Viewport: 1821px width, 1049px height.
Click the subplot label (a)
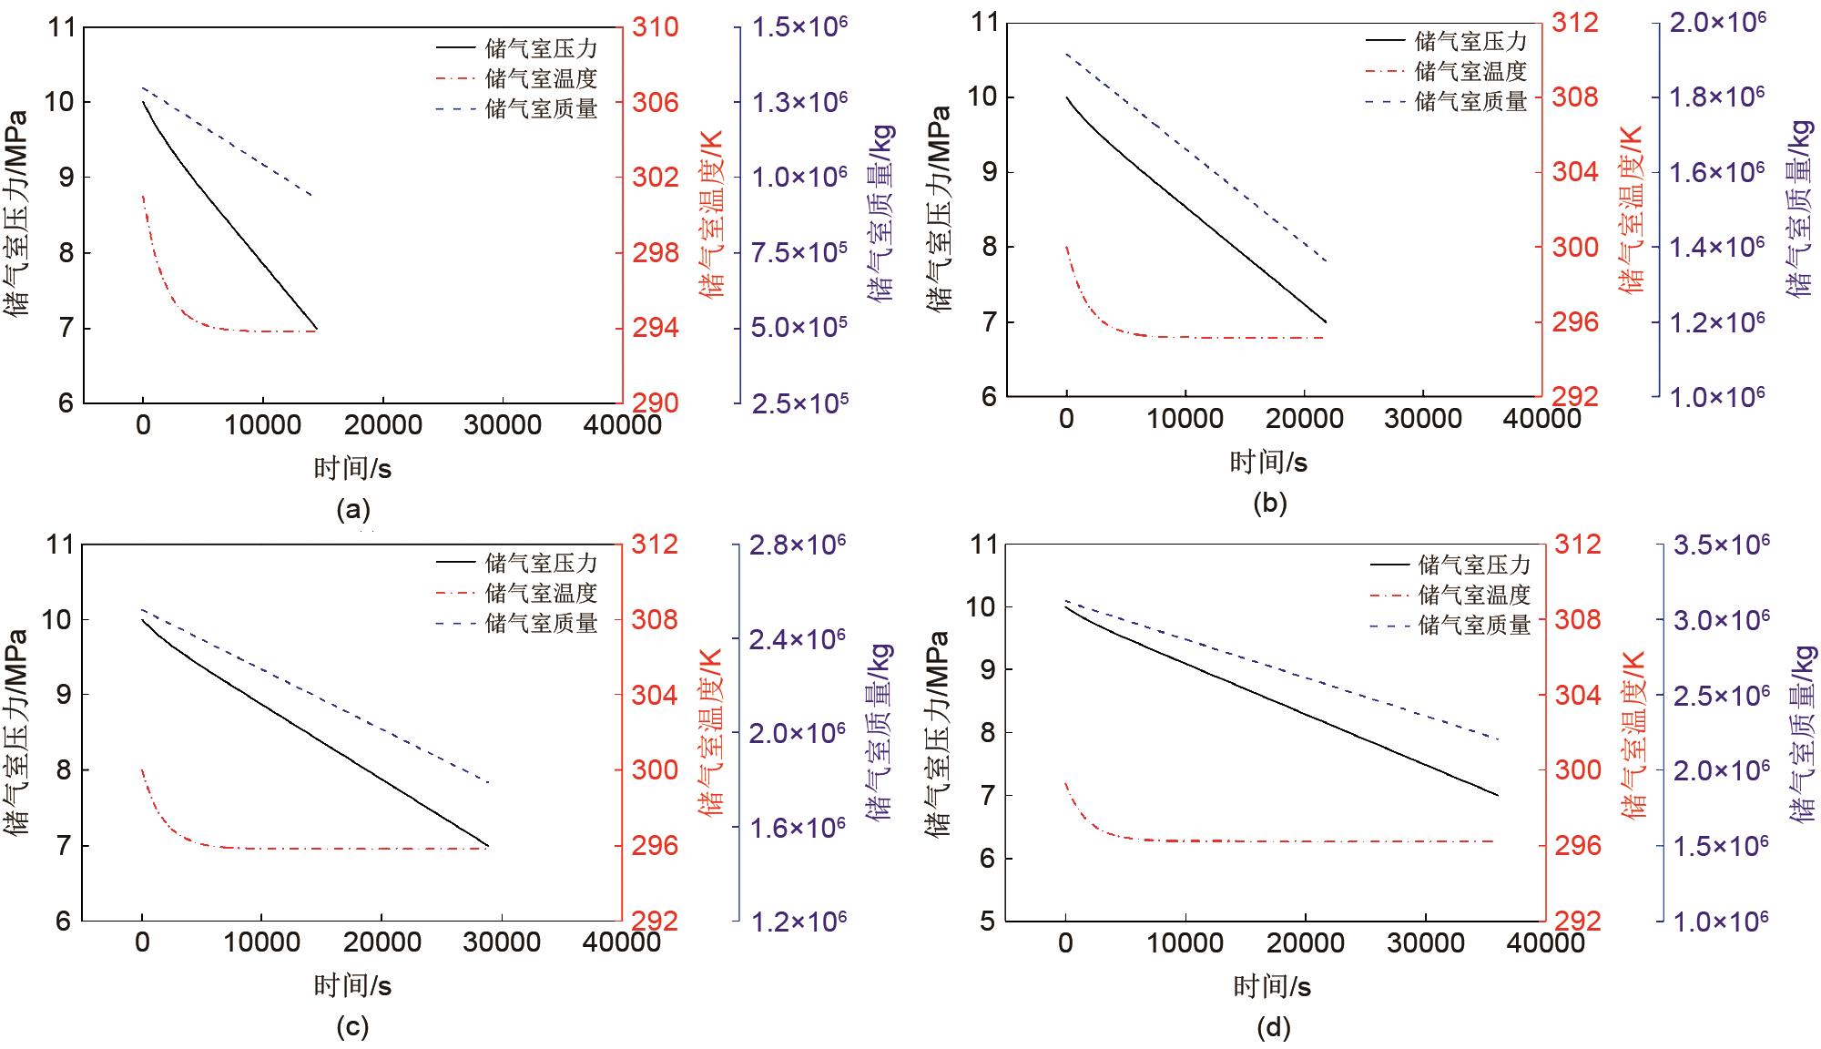(353, 509)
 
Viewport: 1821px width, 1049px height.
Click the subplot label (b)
(1270, 503)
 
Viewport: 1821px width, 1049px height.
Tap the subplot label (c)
(353, 1027)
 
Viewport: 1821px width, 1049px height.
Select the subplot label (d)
(1274, 1028)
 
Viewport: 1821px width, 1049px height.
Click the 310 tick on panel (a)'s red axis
(656, 27)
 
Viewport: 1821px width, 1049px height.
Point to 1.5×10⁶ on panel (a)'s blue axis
(799, 27)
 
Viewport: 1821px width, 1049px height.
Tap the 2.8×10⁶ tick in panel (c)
(798, 545)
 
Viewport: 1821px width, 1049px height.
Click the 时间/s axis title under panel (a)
(353, 468)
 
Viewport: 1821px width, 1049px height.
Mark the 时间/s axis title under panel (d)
(1272, 986)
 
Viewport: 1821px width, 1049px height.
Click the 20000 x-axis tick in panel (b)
(1304, 418)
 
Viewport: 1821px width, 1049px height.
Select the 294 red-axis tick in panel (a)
(656, 328)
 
